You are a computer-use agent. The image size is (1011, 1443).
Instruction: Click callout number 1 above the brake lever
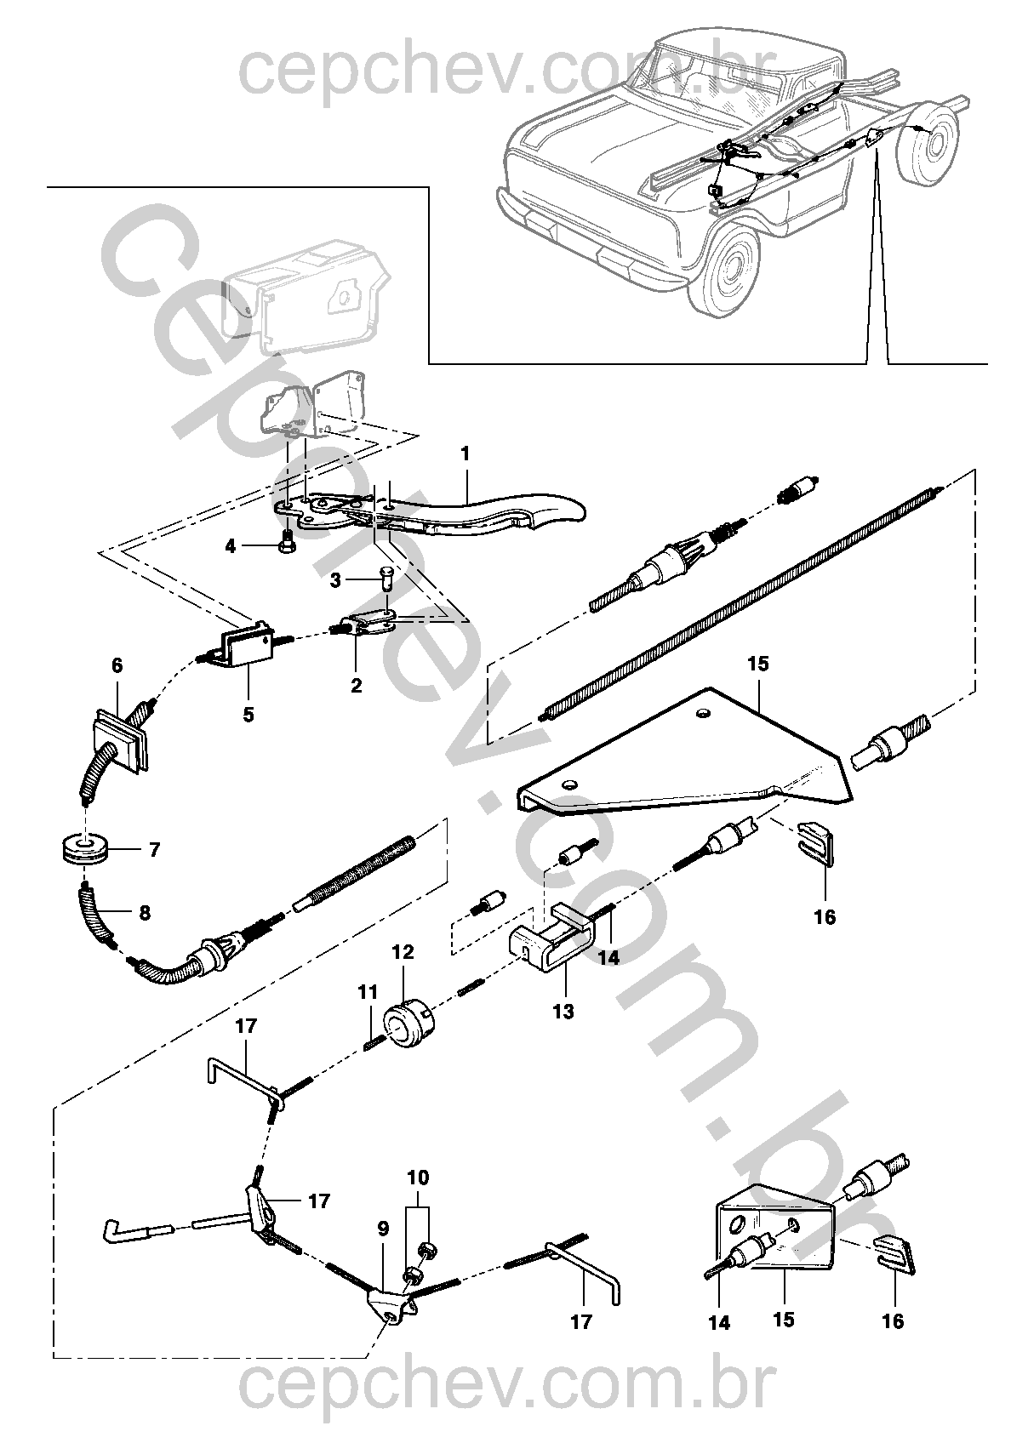[x=465, y=454]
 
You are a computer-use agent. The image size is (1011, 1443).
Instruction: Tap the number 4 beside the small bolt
[x=231, y=547]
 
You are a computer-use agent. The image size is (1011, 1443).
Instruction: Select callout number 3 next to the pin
[x=335, y=580]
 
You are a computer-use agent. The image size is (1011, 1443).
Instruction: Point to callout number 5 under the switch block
[x=248, y=714]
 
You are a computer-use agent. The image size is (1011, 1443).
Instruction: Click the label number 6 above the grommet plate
[x=117, y=665]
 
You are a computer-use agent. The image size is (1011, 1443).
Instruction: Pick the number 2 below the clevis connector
[x=356, y=686]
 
